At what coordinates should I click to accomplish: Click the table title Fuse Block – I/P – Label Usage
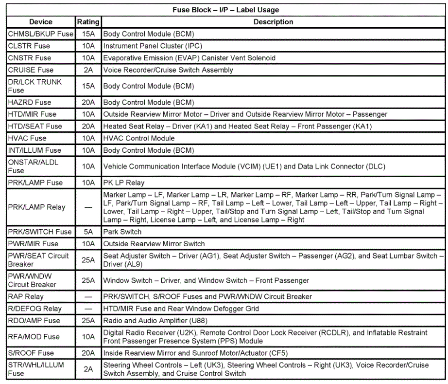[225, 10]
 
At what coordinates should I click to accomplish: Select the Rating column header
[88, 22]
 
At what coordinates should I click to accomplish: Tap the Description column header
[273, 22]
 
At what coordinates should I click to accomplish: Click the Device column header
[41, 22]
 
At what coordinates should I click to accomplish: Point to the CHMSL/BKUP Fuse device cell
[40, 34]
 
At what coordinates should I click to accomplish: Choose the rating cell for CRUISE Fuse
[88, 70]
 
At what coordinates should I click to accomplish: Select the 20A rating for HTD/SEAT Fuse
[88, 127]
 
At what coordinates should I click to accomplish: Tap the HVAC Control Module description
[139, 138]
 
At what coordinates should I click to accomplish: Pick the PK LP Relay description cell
[123, 183]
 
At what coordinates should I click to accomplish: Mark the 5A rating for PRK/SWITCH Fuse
[88, 232]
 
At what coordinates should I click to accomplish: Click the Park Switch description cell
[122, 232]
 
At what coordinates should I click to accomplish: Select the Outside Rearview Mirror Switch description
[154, 244]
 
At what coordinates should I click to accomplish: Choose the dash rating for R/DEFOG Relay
[88, 309]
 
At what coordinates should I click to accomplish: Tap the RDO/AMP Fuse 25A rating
[88, 321]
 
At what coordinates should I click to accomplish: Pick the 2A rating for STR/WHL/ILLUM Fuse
[88, 369]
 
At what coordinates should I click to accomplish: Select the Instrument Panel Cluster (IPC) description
[153, 46]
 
